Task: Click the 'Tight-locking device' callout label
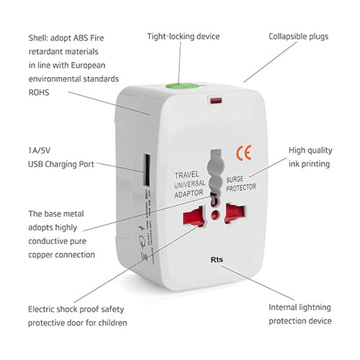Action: [184, 36]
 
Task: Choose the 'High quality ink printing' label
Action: [310, 157]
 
